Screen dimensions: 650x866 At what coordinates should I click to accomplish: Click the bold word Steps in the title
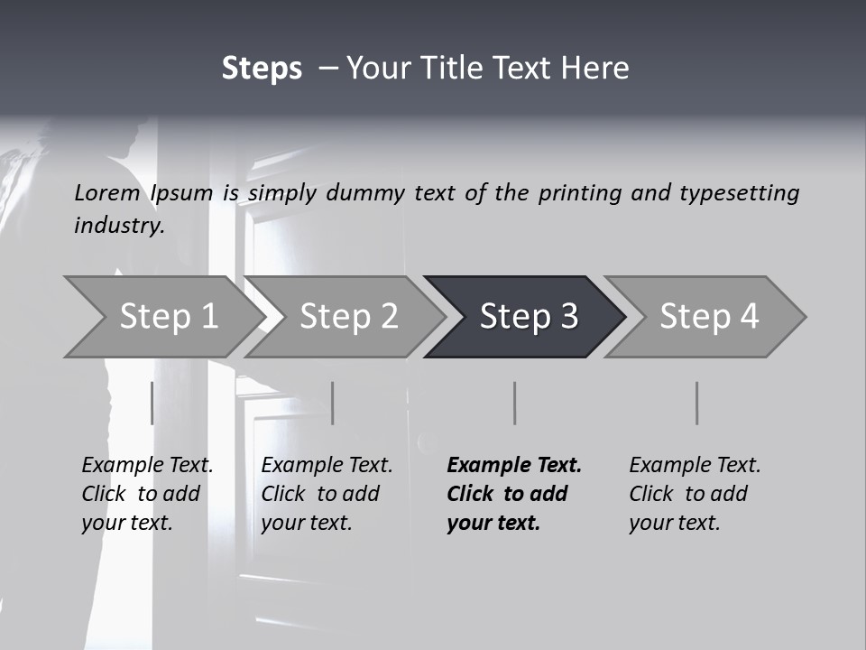click(262, 69)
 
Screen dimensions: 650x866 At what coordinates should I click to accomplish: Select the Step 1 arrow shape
click(162, 316)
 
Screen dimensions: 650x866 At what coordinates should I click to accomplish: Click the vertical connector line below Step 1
click(152, 403)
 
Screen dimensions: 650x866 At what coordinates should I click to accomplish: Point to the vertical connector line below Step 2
click(333, 403)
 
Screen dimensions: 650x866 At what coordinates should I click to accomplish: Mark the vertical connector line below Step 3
click(514, 403)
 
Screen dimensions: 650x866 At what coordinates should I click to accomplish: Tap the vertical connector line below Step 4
click(696, 403)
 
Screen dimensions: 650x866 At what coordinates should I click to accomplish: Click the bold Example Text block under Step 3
click(513, 494)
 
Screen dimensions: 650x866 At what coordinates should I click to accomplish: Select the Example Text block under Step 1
click(147, 494)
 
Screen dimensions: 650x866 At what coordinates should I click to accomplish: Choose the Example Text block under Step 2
click(327, 494)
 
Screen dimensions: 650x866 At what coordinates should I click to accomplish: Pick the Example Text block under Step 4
click(695, 494)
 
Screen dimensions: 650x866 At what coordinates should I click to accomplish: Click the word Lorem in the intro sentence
click(107, 193)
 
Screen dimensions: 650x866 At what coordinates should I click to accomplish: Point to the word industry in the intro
click(118, 226)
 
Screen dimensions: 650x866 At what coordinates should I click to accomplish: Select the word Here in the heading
click(598, 69)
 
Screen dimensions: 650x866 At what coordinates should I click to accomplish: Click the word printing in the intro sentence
click(580, 193)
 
